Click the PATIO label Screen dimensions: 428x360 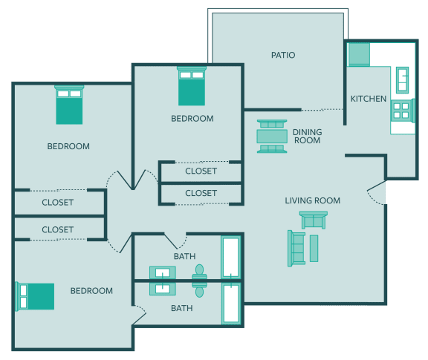point(283,55)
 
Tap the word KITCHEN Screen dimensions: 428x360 point(369,99)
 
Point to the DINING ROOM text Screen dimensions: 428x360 point(308,136)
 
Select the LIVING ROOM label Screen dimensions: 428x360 point(313,200)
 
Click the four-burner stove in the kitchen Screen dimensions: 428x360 point(402,111)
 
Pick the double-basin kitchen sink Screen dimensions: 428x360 point(402,80)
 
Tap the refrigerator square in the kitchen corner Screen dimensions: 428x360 point(359,54)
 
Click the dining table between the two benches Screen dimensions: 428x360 point(272,137)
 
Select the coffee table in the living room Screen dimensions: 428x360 point(314,248)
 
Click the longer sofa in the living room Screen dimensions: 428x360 point(296,248)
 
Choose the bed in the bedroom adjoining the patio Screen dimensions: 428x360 point(192,86)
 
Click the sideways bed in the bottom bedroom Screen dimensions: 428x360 point(35,296)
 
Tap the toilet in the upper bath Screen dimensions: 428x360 point(200,272)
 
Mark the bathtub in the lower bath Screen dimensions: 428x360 point(231,303)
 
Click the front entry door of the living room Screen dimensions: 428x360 point(377,192)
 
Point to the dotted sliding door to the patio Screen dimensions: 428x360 point(322,110)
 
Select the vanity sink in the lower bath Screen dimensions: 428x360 point(163,289)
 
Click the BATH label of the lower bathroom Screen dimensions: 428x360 point(182,308)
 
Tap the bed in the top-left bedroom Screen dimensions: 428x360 point(69,105)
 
